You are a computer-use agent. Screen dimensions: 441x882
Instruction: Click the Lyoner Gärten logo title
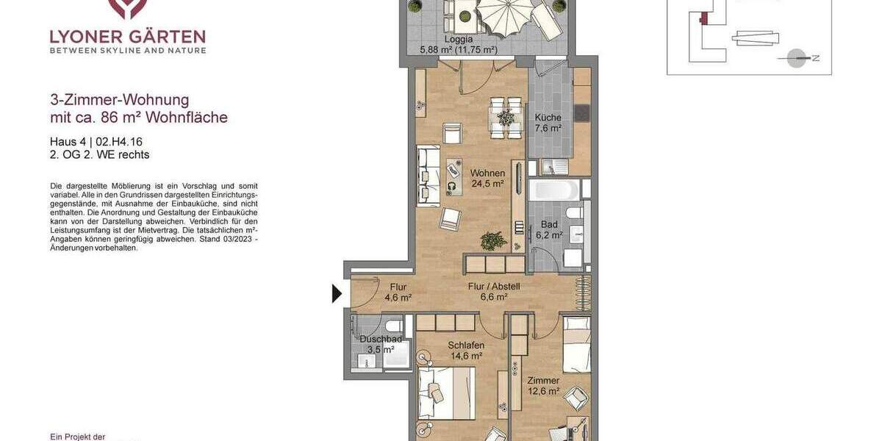(x=128, y=37)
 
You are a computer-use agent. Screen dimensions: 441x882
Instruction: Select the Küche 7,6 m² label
(x=548, y=123)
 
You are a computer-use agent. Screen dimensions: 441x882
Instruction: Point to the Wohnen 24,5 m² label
(x=487, y=179)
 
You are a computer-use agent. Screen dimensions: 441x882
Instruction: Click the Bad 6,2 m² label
(x=549, y=230)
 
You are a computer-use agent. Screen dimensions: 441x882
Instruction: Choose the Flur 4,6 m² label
(x=398, y=293)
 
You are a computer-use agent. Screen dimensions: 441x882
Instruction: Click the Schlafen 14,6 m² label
(x=466, y=351)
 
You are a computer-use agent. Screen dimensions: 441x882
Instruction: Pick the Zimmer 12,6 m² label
(x=543, y=386)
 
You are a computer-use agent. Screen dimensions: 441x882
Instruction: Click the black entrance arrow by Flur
(x=337, y=293)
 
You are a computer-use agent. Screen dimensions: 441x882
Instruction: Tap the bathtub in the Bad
(x=555, y=190)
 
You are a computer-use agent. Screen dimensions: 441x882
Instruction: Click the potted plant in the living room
(x=493, y=240)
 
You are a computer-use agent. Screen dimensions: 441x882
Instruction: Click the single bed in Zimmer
(x=576, y=345)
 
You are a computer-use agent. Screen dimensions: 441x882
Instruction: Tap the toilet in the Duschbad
(x=392, y=325)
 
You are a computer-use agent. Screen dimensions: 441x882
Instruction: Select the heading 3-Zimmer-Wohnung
(x=120, y=100)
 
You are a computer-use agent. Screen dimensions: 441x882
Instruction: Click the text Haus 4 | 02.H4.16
(x=96, y=142)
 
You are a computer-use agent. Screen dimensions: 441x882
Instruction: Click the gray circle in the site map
(x=796, y=58)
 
